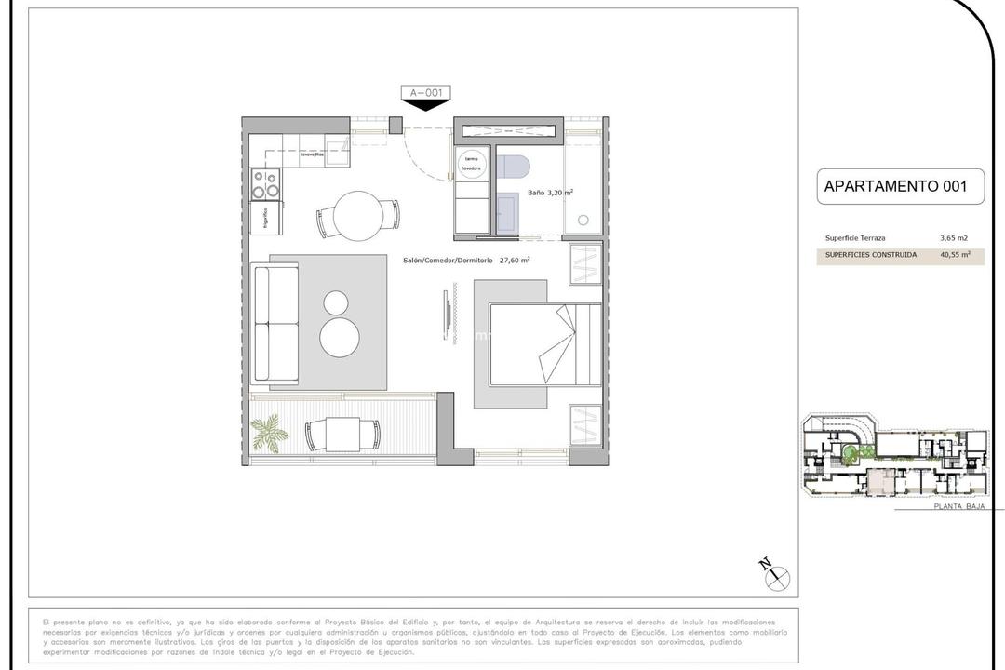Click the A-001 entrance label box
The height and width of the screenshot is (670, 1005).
click(426, 92)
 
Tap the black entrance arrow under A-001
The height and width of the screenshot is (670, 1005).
click(426, 105)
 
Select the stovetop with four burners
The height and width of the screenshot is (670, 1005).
click(266, 183)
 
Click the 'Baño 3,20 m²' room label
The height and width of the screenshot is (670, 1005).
click(550, 193)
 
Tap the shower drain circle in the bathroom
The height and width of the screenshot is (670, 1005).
click(583, 221)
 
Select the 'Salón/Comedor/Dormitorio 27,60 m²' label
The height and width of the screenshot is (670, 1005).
click(467, 261)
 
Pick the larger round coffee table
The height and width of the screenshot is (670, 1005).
click(340, 336)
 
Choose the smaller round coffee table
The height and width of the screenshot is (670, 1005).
click(335, 302)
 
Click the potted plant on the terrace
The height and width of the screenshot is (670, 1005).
click(271, 433)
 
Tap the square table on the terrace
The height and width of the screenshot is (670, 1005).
click(342, 434)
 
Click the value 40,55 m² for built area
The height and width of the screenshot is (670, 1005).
click(955, 254)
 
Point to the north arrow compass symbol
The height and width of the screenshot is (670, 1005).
click(776, 576)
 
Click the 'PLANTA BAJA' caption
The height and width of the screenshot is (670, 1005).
click(958, 507)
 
